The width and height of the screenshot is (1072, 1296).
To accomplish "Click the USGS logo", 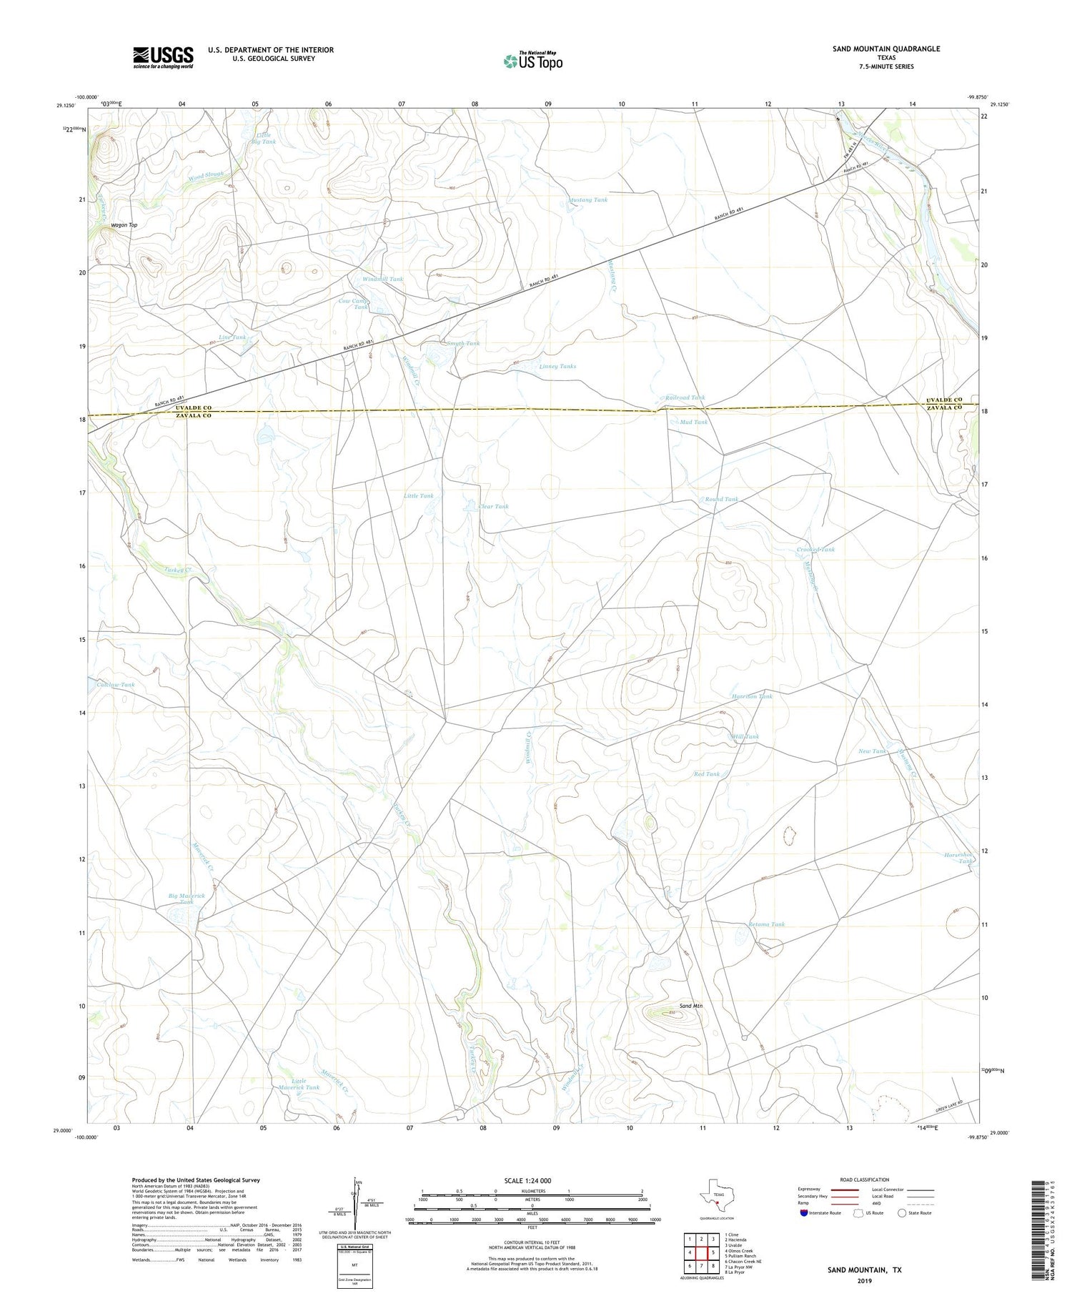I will (163, 57).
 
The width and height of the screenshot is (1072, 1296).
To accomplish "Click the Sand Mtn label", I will (690, 1006).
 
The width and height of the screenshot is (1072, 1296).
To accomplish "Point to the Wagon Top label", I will (124, 225).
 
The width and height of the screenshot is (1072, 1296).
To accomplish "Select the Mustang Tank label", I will (588, 200).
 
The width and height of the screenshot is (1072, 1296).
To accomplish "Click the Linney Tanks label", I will (557, 366).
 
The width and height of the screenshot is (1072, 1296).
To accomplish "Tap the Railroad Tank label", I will (685, 397).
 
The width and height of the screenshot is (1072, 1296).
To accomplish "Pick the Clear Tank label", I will (493, 506).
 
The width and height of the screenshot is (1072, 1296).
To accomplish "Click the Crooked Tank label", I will (815, 549).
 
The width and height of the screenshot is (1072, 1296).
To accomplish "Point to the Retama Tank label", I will (766, 924).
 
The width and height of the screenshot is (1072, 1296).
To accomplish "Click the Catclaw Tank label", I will (115, 685).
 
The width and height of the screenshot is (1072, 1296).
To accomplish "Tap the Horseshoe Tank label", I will (959, 858).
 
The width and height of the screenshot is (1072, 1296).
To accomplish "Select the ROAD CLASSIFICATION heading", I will (865, 1179).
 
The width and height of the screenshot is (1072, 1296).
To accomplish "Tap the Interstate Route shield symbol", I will (805, 1212).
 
